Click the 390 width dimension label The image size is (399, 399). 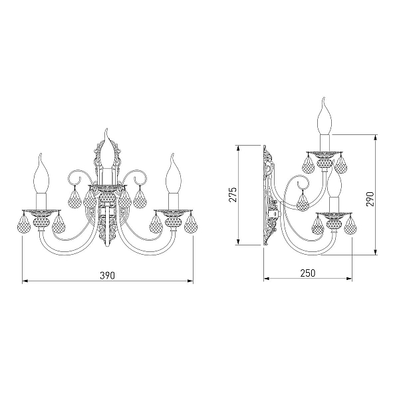click(x=107, y=275)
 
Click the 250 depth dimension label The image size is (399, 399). click(x=308, y=273)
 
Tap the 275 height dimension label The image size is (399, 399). click(x=233, y=195)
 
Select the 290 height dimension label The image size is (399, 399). click(x=370, y=199)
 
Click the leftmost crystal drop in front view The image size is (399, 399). click(x=24, y=224)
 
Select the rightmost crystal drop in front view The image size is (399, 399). click(x=191, y=224)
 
